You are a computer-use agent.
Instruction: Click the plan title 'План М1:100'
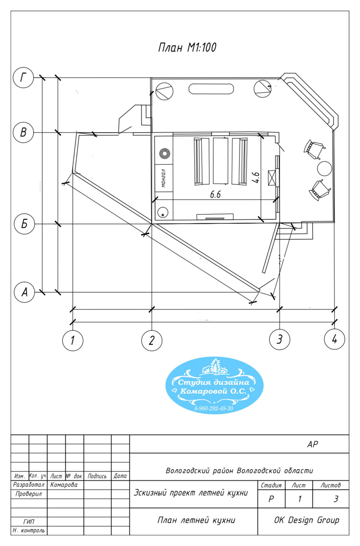click(x=187, y=47)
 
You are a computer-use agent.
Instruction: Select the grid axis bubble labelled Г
click(x=23, y=78)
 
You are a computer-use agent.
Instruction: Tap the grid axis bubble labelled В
click(x=23, y=132)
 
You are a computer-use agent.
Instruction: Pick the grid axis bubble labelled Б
click(x=24, y=224)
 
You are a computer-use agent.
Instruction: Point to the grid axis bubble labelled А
click(x=24, y=292)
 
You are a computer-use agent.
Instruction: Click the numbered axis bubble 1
click(x=73, y=340)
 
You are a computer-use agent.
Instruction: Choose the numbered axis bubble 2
click(x=152, y=340)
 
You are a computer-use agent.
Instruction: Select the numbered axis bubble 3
click(x=280, y=339)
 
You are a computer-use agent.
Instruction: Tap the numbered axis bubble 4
click(x=334, y=339)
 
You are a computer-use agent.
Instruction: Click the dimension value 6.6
click(x=215, y=195)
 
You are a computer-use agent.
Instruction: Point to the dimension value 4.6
click(x=256, y=177)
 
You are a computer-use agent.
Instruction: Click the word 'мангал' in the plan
click(x=163, y=178)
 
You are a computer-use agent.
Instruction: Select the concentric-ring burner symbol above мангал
click(x=165, y=154)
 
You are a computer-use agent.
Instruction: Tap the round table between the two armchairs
click(x=324, y=168)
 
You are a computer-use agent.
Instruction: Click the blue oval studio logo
click(x=214, y=385)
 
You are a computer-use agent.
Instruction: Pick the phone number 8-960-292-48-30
click(x=214, y=408)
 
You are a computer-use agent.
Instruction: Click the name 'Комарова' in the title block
click(x=64, y=485)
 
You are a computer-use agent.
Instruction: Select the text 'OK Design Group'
click(x=306, y=520)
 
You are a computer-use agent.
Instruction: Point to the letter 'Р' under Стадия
click(x=271, y=499)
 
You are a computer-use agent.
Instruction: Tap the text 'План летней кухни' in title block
click(x=196, y=520)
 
